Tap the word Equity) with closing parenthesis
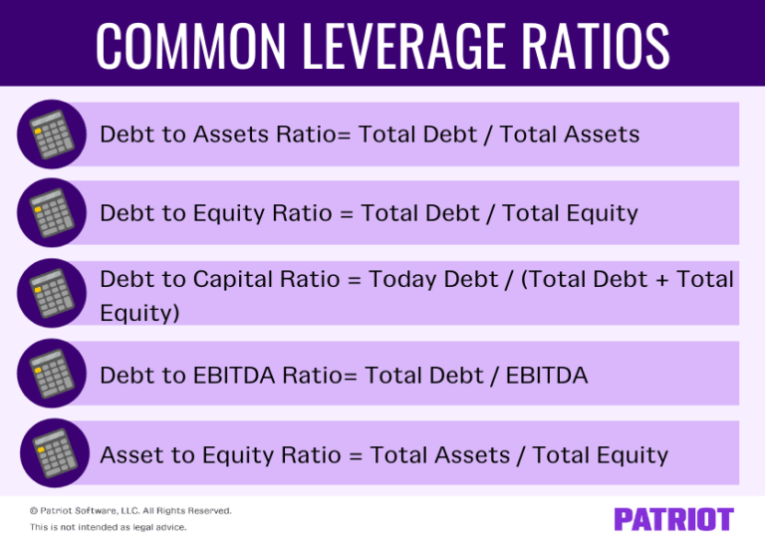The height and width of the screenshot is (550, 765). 140,313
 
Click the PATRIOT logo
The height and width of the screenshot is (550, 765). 673,519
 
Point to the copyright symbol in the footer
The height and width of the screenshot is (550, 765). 33,511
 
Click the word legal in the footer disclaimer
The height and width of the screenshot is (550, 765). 134,527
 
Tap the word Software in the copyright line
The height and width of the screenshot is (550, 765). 91,511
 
